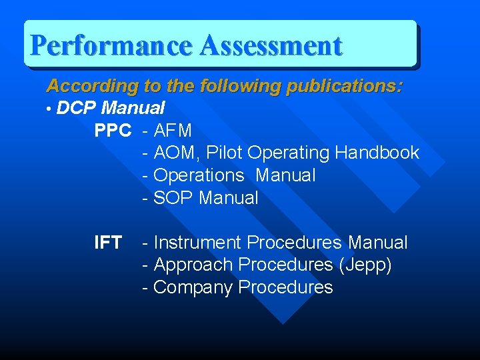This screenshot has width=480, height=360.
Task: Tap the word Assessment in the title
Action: [x=271, y=45]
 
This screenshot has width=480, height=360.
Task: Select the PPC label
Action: [x=113, y=131]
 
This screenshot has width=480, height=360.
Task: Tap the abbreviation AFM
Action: [x=173, y=131]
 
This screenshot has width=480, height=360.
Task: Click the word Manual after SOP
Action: [x=229, y=198]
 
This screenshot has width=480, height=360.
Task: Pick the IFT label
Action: [x=108, y=243]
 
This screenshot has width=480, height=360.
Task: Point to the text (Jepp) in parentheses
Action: [x=365, y=265]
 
